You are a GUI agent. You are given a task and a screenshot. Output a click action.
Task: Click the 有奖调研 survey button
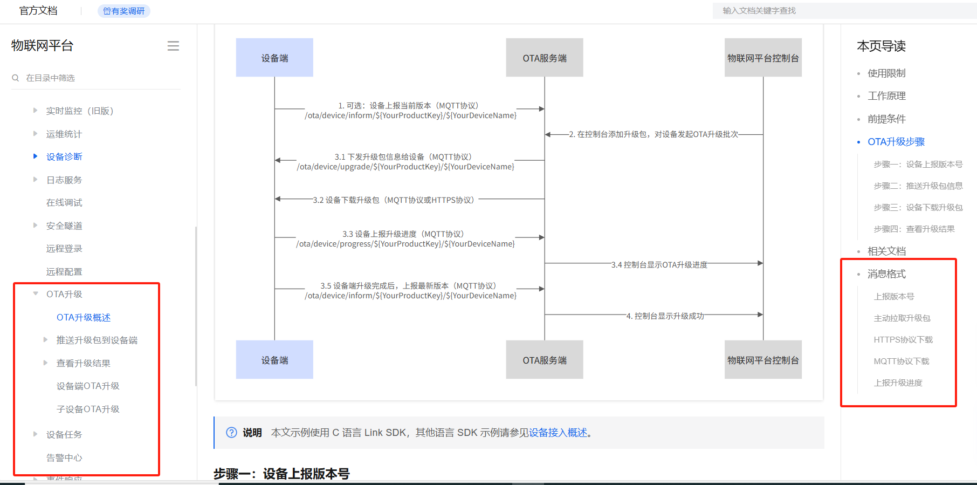(124, 11)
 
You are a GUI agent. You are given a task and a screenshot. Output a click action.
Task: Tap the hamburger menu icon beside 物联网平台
(173, 46)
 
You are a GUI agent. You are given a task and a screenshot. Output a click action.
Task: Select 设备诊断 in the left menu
(64, 156)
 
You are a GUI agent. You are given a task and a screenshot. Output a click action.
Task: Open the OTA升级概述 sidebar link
(84, 317)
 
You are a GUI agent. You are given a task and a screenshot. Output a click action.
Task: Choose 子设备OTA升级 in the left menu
(88, 409)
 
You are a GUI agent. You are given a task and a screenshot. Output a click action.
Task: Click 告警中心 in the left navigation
(64, 457)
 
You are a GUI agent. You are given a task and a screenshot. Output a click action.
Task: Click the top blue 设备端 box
(274, 58)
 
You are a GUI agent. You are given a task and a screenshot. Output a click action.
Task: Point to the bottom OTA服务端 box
(545, 360)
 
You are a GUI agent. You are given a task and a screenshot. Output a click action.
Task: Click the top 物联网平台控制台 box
(763, 58)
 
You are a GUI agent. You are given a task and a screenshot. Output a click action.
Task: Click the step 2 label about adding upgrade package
(653, 134)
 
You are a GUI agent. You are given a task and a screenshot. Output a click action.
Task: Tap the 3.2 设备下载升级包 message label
(394, 200)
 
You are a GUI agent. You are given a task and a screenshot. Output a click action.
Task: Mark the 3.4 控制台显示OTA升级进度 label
(659, 265)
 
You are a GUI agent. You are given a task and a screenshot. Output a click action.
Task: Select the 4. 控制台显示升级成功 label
(665, 316)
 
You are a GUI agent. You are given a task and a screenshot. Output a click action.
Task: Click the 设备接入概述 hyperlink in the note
(558, 433)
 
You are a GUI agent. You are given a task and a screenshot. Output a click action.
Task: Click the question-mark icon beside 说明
(231, 433)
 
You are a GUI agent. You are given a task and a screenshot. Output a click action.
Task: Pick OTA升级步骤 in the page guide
(896, 142)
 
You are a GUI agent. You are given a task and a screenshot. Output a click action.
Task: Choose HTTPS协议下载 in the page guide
(903, 339)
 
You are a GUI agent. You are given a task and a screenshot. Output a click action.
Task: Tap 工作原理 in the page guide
(886, 96)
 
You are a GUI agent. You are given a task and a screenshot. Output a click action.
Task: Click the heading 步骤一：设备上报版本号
(281, 474)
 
